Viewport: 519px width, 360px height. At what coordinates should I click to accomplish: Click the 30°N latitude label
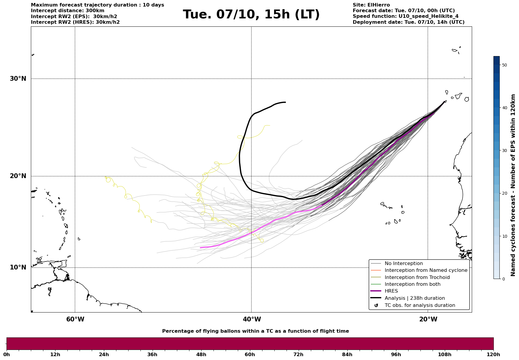(18, 79)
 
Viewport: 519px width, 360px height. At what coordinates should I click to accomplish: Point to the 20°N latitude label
(18, 176)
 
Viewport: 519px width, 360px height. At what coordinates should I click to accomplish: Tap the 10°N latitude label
(18, 267)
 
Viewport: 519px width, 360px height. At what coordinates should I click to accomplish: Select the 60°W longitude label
(75, 319)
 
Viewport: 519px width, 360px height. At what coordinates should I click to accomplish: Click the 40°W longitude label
(252, 319)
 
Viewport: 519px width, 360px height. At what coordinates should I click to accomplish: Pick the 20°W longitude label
(428, 319)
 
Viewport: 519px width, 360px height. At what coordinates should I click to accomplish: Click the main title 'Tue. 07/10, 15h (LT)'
(251, 15)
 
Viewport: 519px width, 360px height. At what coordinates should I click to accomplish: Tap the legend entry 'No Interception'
(404, 264)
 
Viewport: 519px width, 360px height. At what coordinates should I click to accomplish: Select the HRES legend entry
(391, 291)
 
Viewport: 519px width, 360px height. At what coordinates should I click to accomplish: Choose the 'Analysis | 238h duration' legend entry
(414, 298)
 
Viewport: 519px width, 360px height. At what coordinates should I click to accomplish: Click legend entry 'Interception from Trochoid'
(417, 277)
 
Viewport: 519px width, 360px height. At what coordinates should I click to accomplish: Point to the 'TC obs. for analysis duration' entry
(420, 305)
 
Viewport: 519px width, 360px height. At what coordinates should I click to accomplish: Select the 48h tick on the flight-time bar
(201, 354)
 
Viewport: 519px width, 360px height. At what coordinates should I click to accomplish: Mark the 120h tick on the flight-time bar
(493, 354)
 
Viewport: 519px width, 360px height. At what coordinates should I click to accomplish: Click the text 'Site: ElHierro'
(371, 5)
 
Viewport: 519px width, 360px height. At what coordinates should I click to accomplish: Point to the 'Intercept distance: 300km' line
(67, 11)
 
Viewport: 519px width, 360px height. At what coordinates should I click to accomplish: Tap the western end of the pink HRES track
(201, 248)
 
